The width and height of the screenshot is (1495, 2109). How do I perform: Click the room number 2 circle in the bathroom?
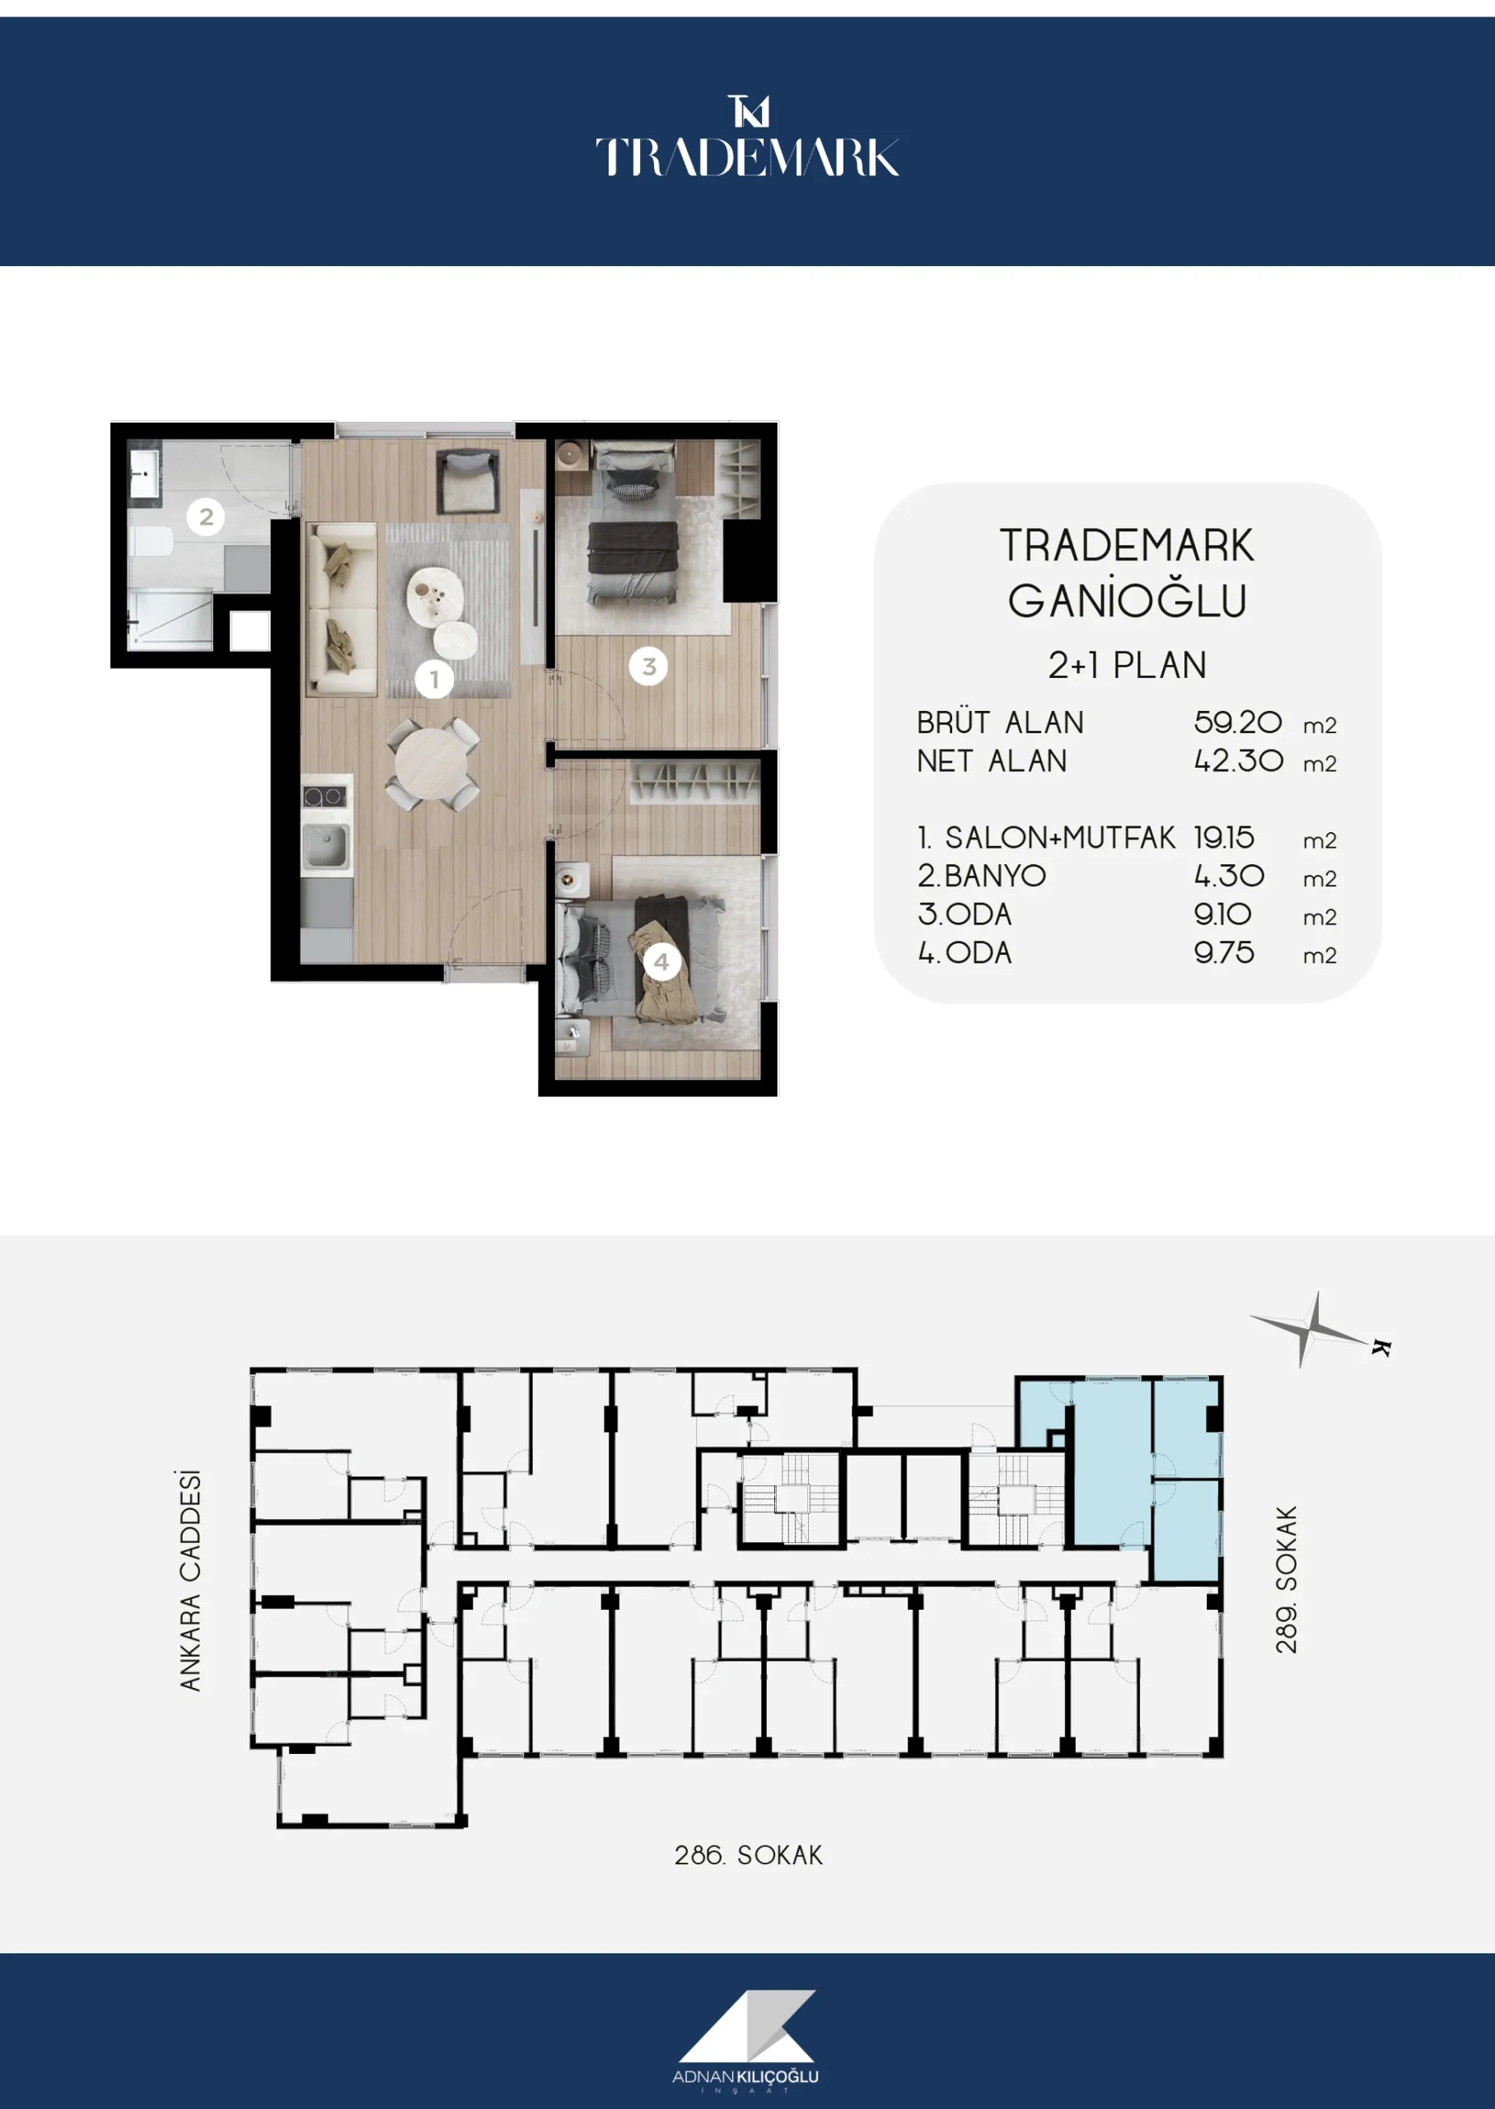pos(206,517)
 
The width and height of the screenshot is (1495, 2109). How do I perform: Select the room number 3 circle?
pos(648,666)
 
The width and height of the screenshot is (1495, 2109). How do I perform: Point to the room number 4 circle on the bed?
pos(661,962)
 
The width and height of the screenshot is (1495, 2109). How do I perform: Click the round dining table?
pos(431,763)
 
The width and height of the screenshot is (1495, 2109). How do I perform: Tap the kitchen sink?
pos(326,845)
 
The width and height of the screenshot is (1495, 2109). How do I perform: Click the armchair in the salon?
pos(468,479)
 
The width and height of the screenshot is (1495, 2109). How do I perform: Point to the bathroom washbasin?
pos(144,473)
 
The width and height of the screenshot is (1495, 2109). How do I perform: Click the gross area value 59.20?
pos(1237,722)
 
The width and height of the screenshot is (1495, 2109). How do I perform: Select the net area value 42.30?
pos(1238,760)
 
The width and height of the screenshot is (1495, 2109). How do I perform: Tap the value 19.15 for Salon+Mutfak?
pos(1223,838)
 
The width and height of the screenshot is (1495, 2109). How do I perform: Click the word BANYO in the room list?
pos(995,876)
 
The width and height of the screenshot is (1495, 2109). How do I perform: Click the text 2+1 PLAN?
pos(1127,665)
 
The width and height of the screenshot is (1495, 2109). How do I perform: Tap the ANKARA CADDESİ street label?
pos(189,1581)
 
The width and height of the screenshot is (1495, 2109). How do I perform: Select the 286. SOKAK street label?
pos(749,1855)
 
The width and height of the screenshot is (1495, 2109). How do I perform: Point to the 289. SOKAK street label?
pos(1286,1578)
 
